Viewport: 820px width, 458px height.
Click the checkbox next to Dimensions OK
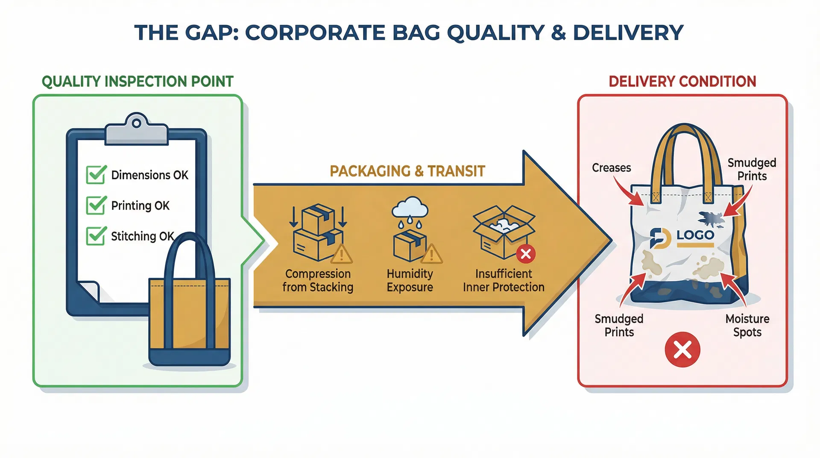[x=96, y=175]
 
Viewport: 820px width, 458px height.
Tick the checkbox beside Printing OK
[x=96, y=206]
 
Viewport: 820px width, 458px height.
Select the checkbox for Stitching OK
[x=96, y=236]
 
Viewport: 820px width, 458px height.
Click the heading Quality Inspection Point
[x=138, y=81]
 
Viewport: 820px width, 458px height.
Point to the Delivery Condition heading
[x=682, y=81]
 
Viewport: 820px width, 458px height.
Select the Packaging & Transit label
[x=407, y=171]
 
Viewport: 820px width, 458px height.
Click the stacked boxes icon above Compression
[x=318, y=233]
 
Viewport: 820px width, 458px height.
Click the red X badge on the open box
[x=526, y=254]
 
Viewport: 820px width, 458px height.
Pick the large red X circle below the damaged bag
[x=682, y=349]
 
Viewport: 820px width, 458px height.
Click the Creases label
[x=611, y=168]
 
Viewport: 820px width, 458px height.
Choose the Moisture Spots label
[x=747, y=325]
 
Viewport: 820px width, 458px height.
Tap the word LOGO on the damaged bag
[x=695, y=235]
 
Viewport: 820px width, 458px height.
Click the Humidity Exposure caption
[x=410, y=280]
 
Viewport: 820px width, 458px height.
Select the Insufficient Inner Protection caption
[x=504, y=280]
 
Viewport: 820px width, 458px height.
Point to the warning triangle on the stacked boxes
[x=341, y=255]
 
